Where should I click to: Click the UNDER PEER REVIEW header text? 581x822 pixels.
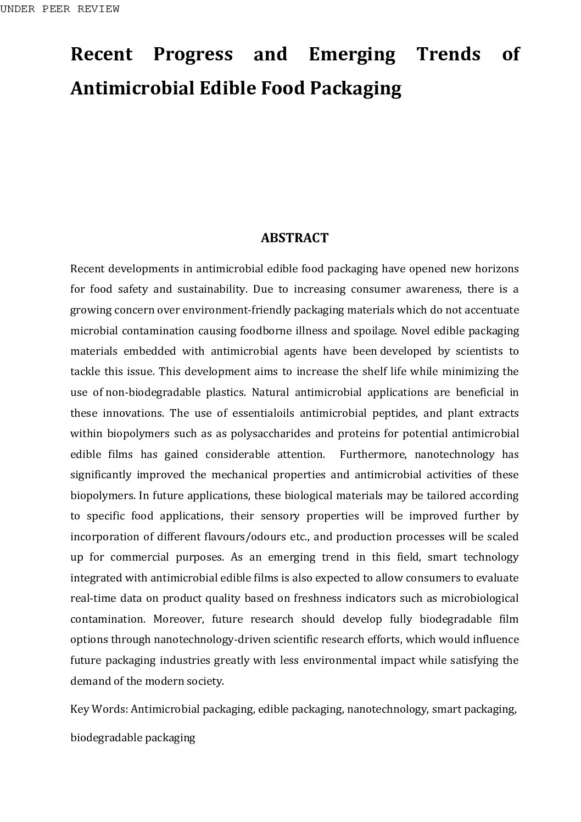click(x=60, y=9)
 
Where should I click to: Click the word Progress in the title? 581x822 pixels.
click(x=193, y=54)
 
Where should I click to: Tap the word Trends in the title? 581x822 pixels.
click(x=448, y=54)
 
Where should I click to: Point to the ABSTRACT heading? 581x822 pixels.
click(x=294, y=238)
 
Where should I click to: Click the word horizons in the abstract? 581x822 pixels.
click(x=496, y=269)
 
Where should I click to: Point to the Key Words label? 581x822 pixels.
click(x=99, y=709)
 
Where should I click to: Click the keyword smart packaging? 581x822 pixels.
click(x=474, y=709)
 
